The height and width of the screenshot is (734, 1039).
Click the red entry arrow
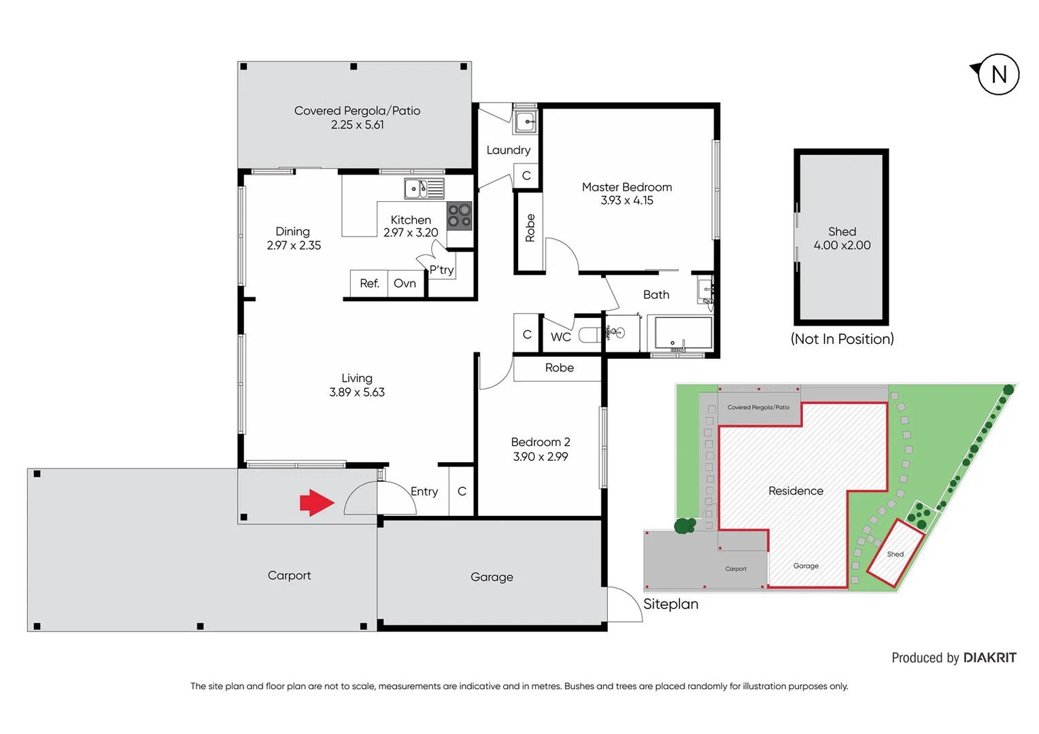317,503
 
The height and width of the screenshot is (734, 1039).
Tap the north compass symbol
997,74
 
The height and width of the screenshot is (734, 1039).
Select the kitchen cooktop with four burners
459,216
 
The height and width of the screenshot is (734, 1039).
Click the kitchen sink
424,188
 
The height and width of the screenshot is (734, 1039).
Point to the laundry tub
525,122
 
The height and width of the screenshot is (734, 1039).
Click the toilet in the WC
589,335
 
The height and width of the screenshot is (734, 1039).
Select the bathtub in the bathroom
683,333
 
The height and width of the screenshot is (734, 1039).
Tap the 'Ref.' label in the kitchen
369,283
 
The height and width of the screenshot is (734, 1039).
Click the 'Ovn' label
405,283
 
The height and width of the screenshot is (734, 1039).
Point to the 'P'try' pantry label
441,270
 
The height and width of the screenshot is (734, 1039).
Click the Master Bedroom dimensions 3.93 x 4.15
626,200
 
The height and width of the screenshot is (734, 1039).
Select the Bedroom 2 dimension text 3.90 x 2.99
541,457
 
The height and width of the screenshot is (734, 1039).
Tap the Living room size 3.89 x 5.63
357,392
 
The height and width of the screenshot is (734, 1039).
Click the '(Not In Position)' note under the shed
842,339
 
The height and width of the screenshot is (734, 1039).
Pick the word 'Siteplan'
670,604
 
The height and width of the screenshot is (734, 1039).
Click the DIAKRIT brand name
989,658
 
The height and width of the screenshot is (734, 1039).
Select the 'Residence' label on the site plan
796,491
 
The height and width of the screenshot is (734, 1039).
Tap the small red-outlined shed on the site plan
896,553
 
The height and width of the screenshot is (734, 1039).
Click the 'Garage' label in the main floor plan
492,577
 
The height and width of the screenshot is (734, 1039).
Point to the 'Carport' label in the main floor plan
289,576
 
